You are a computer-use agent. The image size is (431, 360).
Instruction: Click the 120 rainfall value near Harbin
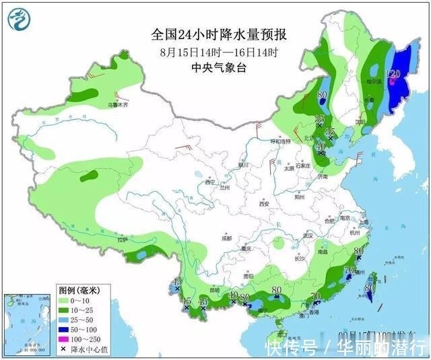point(393,74)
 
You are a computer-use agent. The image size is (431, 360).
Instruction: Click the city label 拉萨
point(123,239)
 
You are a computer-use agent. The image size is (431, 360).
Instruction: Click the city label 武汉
point(309,235)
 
